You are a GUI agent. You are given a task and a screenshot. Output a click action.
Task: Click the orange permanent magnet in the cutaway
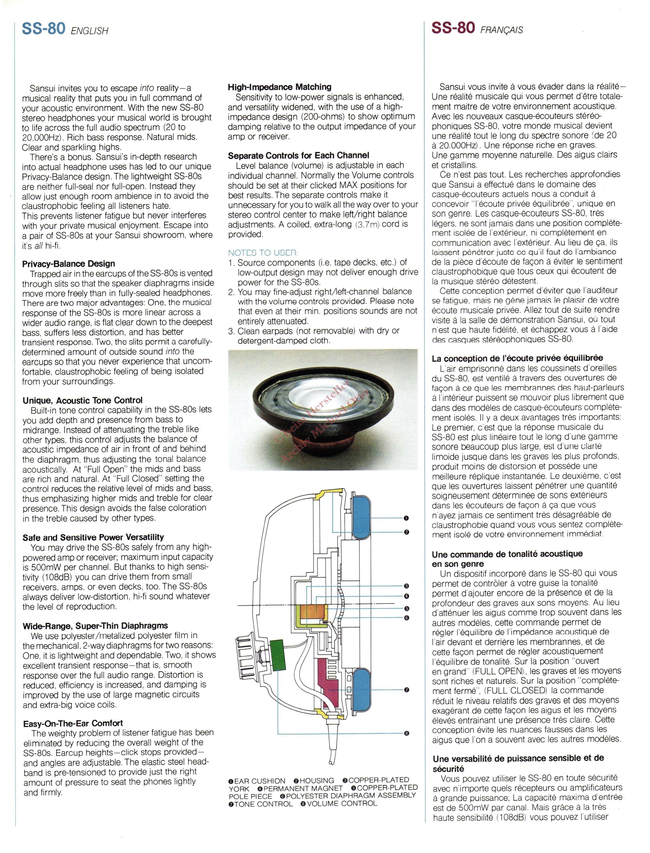pos(312,615)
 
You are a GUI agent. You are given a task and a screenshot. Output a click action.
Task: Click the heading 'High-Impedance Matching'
pos(279,87)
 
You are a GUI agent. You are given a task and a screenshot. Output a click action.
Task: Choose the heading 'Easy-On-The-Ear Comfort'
pos(73,723)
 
